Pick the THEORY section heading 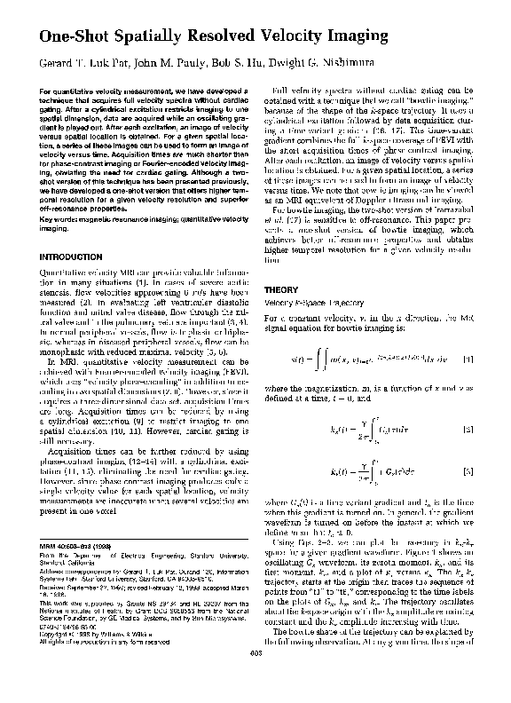point(284,289)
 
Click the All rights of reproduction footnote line point(93,667)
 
